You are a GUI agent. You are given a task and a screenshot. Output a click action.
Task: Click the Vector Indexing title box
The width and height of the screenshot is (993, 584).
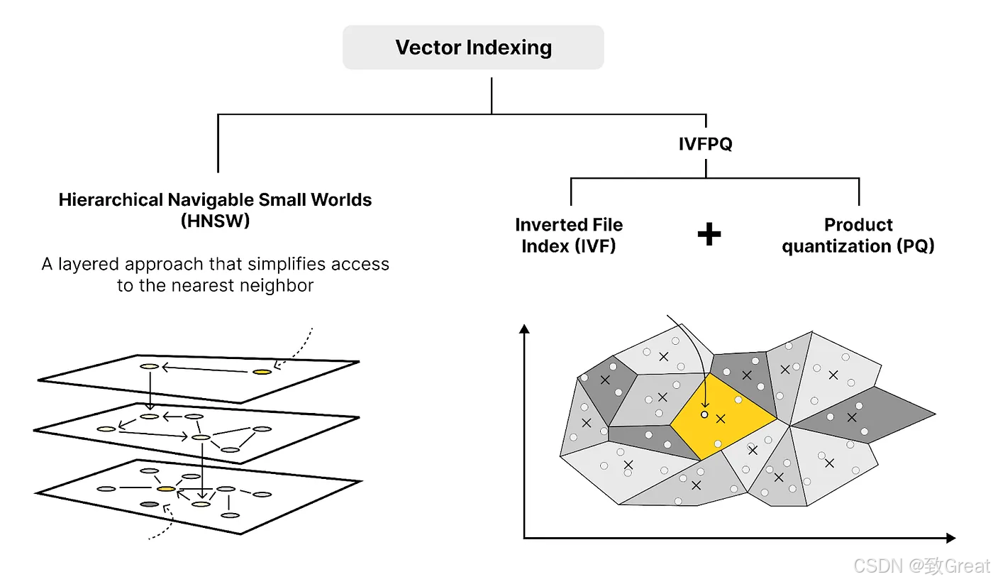coord(473,47)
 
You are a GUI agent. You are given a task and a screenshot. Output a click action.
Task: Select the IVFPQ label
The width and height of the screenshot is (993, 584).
coord(705,143)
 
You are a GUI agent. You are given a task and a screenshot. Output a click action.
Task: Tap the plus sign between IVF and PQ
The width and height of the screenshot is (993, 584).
coord(709,233)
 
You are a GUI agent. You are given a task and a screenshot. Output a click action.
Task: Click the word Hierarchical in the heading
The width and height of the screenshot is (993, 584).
coord(111,199)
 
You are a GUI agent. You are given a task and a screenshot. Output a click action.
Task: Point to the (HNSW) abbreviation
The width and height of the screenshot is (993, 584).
coord(216,221)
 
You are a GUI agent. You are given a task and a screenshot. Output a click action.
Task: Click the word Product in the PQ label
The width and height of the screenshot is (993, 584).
coord(858,225)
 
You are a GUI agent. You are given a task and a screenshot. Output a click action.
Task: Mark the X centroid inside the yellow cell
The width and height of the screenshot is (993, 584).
coord(721,419)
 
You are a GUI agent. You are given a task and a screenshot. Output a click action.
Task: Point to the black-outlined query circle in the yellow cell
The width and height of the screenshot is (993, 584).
coord(704,414)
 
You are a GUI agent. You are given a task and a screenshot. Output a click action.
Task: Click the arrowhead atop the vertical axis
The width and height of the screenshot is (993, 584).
coord(524,329)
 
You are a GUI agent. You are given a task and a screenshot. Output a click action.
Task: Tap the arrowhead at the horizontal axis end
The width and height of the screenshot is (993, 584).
coord(951,538)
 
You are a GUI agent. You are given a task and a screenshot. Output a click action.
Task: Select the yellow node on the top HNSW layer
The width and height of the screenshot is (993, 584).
coord(262,372)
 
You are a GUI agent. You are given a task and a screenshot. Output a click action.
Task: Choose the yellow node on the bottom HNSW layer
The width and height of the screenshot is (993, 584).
coord(166,489)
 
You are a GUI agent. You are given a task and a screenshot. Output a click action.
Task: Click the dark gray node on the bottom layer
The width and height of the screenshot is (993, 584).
coord(150,505)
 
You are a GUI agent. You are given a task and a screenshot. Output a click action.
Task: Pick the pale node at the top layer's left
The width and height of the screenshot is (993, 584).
coord(150,366)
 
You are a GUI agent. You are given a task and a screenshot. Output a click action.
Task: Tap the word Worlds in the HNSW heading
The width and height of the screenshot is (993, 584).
coord(341,199)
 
